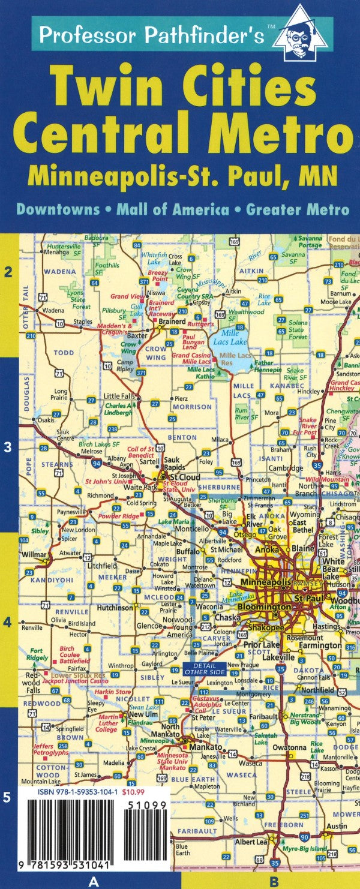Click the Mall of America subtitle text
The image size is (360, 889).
tap(173, 209)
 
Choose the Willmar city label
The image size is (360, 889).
tap(34, 554)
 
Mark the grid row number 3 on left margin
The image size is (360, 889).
tap(8, 446)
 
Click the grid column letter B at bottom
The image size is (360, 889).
tap(274, 881)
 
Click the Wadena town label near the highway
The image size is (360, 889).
tap(53, 310)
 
